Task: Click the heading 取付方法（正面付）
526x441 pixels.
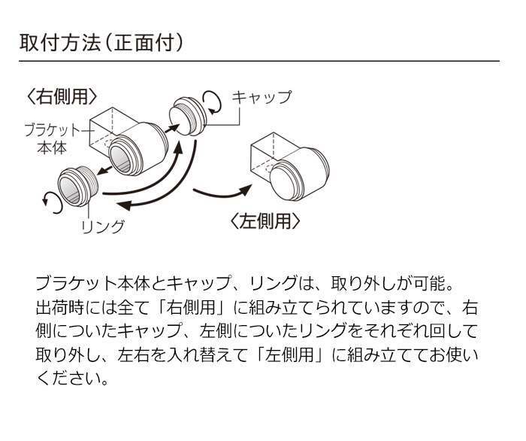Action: coord(101,43)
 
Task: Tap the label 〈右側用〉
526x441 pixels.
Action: coord(62,96)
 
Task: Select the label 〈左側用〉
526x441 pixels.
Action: coord(265,221)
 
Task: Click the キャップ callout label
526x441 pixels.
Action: coord(261,97)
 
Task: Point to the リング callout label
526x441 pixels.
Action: coord(103,227)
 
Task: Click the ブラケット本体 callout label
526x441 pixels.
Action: coord(52,138)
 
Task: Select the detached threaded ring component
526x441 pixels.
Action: coord(78,187)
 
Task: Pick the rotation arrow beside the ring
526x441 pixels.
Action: coord(53,203)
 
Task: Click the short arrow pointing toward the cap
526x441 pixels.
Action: coord(172,128)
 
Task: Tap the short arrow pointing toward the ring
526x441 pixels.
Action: coord(104,170)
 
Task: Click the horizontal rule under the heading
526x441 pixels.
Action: coord(259,61)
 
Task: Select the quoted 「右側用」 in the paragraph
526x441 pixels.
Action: coord(192,308)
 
